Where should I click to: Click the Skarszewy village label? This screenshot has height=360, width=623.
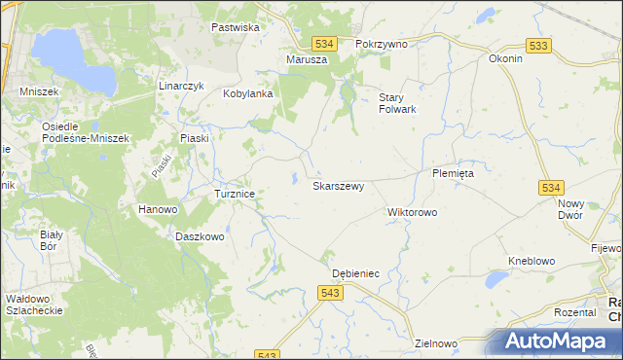(x=338, y=185)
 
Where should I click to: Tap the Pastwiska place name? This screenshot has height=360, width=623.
(x=236, y=27)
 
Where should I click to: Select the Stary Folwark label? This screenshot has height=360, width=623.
(x=397, y=102)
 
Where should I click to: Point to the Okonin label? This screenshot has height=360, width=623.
(x=506, y=58)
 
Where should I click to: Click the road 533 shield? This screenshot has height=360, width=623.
(x=536, y=46)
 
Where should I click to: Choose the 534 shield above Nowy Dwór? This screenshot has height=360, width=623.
(x=552, y=187)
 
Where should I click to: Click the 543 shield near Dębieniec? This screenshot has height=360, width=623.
(x=329, y=293)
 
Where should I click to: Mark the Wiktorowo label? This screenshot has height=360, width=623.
(x=413, y=211)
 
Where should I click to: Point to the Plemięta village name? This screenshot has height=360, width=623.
(x=453, y=173)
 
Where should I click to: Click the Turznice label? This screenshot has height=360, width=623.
(x=235, y=194)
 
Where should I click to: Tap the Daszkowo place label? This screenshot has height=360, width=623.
(x=200, y=236)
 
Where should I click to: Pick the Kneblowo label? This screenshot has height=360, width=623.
(x=531, y=261)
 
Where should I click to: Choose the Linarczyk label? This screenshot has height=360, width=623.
(x=181, y=86)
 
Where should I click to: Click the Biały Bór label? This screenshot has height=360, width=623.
(x=52, y=240)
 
